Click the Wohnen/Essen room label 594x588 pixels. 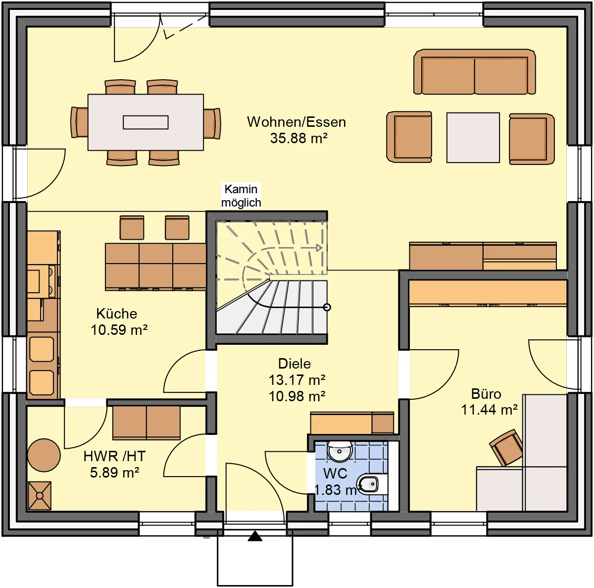tap(296, 122)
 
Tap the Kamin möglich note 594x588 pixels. tap(241, 196)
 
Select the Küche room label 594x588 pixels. tap(116, 314)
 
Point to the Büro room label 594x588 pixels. tap(486, 394)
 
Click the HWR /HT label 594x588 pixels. tap(114, 456)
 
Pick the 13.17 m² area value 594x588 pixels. tap(297, 380)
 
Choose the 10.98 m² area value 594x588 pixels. tap(297, 396)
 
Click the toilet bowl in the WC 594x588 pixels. tap(368, 484)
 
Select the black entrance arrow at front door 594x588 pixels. tap(255, 536)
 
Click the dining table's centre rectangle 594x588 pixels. tap(146, 122)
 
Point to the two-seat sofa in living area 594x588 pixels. tap(474, 71)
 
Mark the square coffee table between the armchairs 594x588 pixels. tap(473, 138)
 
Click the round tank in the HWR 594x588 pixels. tap(44, 455)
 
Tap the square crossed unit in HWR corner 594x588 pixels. tap(40, 496)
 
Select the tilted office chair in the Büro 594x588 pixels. tap(506, 447)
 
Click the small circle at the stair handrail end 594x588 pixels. tap(327, 307)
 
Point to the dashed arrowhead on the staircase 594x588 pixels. tap(319, 248)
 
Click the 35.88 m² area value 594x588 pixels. tap(298, 138)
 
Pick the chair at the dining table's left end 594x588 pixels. tap(79, 122)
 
